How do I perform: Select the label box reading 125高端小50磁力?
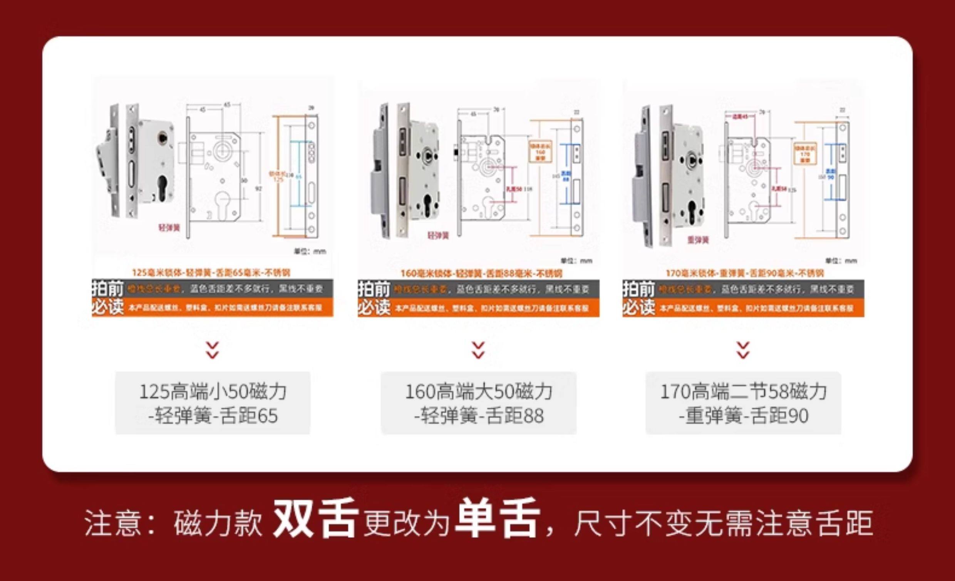click(213, 403)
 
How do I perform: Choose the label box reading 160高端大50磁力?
click(478, 403)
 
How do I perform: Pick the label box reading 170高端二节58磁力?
click(743, 403)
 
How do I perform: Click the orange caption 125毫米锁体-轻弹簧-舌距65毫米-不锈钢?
click(211, 273)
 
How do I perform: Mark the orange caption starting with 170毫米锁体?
click(744, 274)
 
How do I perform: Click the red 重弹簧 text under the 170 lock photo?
click(698, 240)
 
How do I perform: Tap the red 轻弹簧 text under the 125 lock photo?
click(169, 227)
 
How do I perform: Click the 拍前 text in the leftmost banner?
click(107, 289)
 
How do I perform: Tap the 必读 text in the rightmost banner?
click(638, 308)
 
